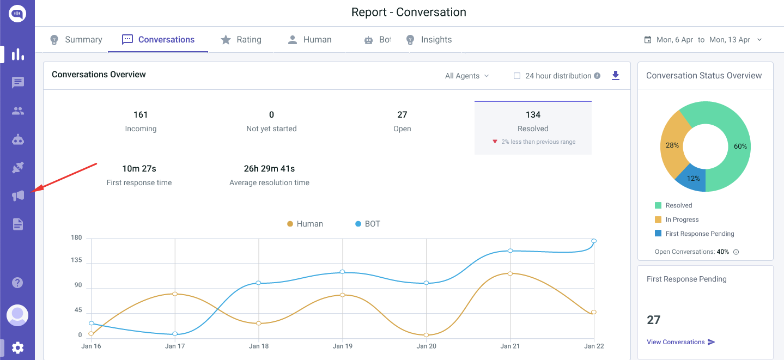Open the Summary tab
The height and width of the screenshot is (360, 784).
click(76, 40)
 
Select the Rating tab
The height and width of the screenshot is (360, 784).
click(241, 40)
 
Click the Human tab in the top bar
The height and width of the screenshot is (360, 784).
click(309, 40)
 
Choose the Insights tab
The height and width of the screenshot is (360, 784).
click(429, 40)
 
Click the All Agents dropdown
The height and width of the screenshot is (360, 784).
click(467, 76)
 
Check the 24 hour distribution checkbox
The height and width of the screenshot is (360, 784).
click(517, 76)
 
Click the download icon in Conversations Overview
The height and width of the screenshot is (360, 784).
click(616, 76)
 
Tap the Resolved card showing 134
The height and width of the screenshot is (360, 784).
click(533, 127)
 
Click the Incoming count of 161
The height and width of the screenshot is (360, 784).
click(141, 115)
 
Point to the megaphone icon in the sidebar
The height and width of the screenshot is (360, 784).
click(18, 196)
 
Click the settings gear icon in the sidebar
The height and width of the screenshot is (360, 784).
click(18, 347)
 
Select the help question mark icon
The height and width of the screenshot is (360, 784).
click(18, 282)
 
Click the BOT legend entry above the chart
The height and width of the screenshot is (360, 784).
click(368, 224)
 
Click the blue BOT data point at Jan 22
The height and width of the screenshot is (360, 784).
click(594, 241)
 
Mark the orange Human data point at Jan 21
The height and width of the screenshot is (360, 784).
click(510, 273)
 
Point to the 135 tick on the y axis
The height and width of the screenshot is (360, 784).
click(76, 260)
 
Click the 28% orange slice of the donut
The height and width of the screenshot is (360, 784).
click(671, 145)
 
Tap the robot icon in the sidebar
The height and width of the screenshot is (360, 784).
click(18, 139)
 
